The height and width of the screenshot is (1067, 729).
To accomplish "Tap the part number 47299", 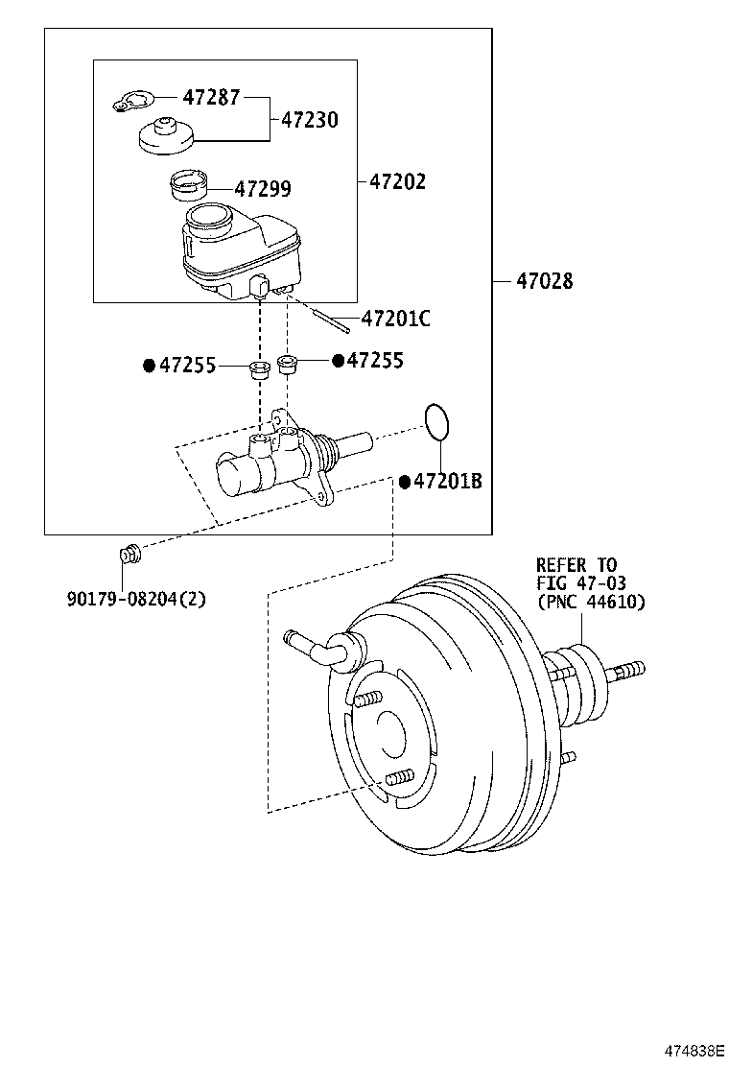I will point(249,189).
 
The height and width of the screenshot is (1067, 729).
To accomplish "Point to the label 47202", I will point(397,180).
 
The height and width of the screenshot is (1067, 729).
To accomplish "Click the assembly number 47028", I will point(544,281).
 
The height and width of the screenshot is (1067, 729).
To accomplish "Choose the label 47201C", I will point(395,319).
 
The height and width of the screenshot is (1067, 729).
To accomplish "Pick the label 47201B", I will point(447,482).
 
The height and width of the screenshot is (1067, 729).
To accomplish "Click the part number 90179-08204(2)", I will point(136,599).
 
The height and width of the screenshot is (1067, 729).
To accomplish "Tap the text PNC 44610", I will point(590,602).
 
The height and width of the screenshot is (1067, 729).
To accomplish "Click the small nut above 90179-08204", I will point(129,553).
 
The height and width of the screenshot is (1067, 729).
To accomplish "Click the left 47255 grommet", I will point(258,369).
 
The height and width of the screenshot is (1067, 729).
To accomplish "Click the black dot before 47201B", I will point(405,482).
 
